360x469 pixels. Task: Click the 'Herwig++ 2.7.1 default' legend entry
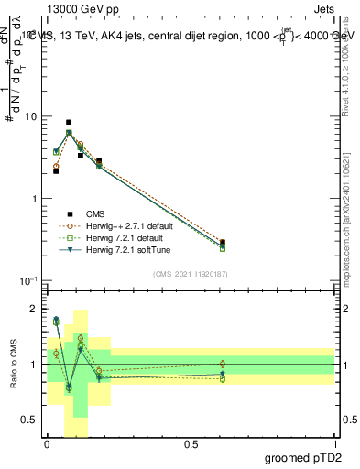pos(122,225)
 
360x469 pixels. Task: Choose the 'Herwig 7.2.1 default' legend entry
pos(117,238)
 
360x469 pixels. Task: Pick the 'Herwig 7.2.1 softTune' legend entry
pos(119,250)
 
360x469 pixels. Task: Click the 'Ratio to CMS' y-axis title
pos(12,365)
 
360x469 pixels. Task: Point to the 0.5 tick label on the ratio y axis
pos(34,420)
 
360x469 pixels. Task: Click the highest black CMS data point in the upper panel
pos(69,122)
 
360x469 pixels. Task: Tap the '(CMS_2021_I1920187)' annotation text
pos(191,273)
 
